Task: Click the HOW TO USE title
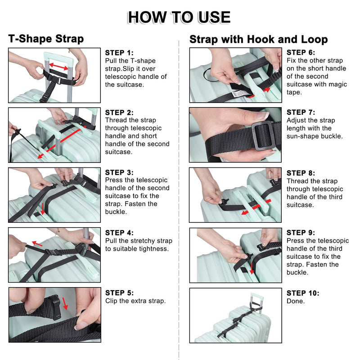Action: click(x=179, y=17)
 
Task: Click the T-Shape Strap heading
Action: click(x=46, y=39)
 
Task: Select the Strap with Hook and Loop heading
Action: click(x=258, y=39)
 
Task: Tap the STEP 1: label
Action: click(x=119, y=53)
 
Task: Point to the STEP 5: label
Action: click(x=119, y=293)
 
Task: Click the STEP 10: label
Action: click(x=303, y=293)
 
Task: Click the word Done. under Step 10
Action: click(x=296, y=301)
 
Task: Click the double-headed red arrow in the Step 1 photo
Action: click(x=59, y=67)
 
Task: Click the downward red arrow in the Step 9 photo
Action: click(x=252, y=265)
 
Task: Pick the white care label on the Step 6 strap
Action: click(x=239, y=94)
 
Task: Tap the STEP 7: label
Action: click(x=301, y=112)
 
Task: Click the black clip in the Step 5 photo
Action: click(x=55, y=308)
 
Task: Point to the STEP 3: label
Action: click(x=119, y=172)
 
